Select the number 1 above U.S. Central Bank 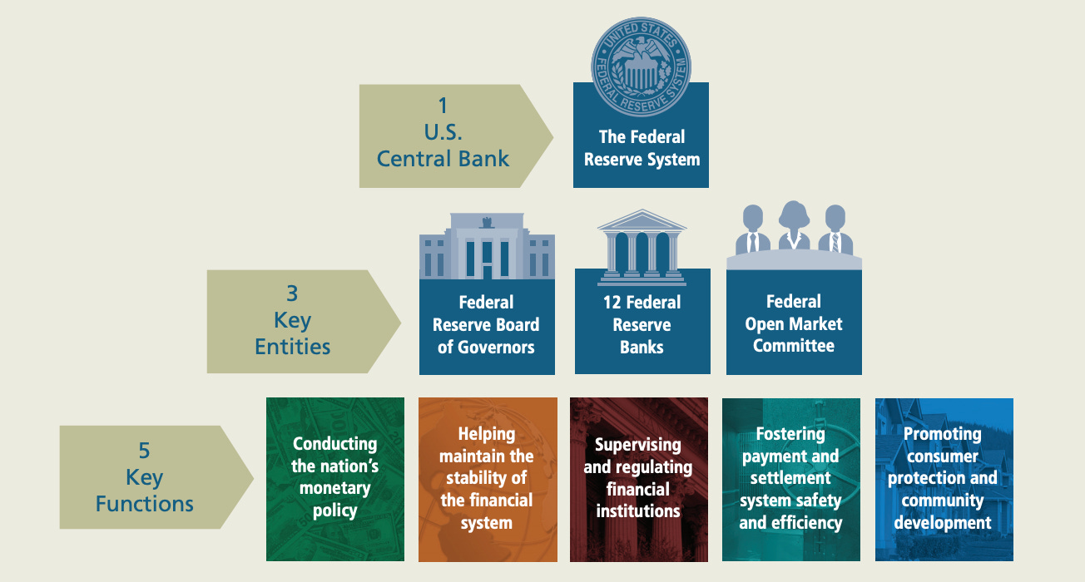(443, 106)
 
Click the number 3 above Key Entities (292, 293)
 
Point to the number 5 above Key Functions (144, 451)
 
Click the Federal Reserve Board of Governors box (487, 325)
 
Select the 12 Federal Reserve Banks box (642, 325)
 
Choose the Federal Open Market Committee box (794, 323)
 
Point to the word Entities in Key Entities (292, 346)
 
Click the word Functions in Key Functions (144, 503)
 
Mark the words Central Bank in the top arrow (443, 158)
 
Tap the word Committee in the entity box (794, 346)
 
